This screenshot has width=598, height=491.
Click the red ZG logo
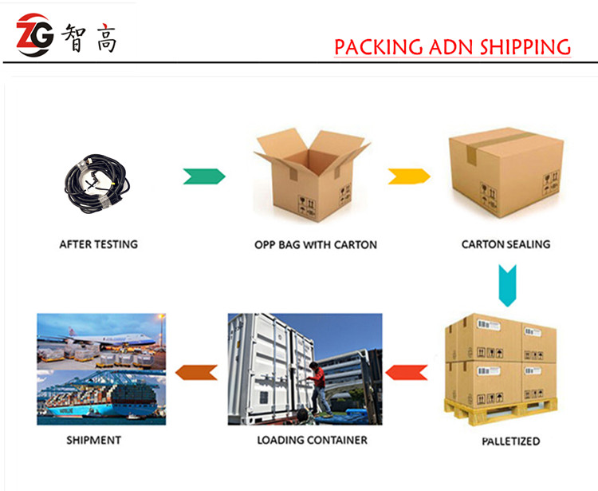(x=35, y=35)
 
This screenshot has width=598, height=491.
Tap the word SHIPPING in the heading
(x=525, y=47)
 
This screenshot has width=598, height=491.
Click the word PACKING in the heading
(x=378, y=47)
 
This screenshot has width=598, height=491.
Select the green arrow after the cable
(x=204, y=176)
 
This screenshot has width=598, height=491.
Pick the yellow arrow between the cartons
(x=409, y=176)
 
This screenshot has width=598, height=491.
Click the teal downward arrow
(x=507, y=286)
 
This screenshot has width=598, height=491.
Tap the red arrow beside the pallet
(x=407, y=373)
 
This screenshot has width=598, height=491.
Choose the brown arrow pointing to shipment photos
(x=196, y=373)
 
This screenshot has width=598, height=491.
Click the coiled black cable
(x=97, y=184)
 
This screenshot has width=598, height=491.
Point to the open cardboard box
(x=312, y=175)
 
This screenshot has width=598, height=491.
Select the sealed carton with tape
(x=506, y=172)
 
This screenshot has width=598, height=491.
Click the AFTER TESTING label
(x=98, y=244)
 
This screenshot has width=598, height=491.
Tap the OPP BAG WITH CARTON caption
(x=316, y=245)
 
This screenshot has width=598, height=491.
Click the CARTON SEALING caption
(x=506, y=244)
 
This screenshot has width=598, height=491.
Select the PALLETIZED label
(x=510, y=442)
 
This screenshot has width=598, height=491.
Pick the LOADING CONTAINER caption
(x=312, y=440)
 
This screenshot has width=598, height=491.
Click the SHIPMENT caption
(x=93, y=440)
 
